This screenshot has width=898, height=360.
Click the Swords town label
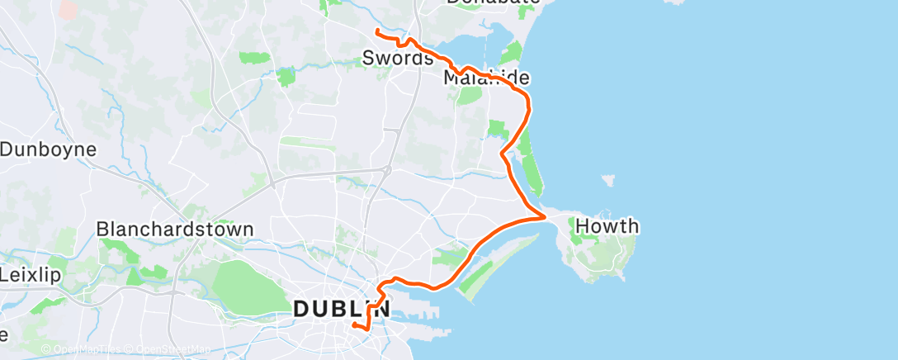[398, 59]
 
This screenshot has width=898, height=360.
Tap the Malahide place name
[485, 78]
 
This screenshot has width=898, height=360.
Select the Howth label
[607, 226]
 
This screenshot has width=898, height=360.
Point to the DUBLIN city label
[341, 309]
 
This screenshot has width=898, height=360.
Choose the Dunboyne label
[49, 149]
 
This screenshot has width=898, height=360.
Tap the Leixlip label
[31, 274]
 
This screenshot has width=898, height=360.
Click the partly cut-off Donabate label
[493, 2]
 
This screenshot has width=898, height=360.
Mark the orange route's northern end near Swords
[377, 31]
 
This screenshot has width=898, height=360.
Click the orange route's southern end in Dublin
[354, 326]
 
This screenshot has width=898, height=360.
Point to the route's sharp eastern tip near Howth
[545, 217]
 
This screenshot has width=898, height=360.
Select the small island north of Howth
[609, 179]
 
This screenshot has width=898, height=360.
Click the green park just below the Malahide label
[469, 95]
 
